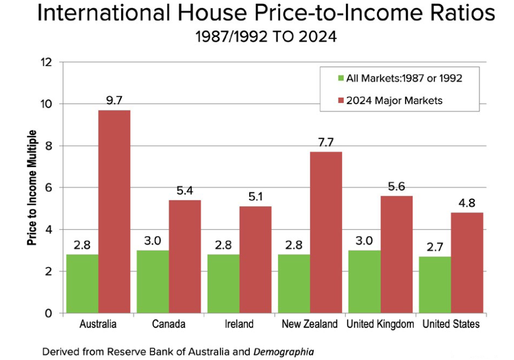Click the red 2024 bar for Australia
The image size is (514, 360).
[114, 212]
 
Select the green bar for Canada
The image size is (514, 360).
[153, 281]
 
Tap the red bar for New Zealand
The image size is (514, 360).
[326, 232]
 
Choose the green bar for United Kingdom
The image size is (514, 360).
[364, 281]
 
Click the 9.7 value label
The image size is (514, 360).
[115, 100]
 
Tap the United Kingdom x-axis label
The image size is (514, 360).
[379, 324]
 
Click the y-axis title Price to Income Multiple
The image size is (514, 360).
[32, 187]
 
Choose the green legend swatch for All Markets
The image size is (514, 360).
[340, 79]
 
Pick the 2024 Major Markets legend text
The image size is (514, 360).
[394, 100]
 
